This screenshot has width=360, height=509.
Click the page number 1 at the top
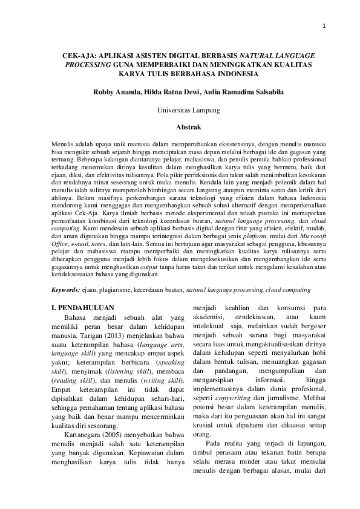pyautogui.click(x=324, y=25)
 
